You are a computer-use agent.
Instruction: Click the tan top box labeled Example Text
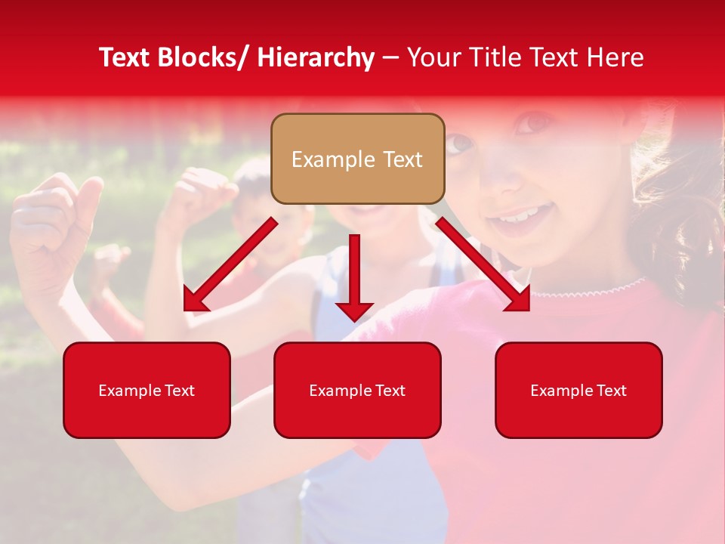point(357,159)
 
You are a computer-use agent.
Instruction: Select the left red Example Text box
point(147,390)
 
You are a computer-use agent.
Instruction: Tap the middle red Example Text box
point(357,390)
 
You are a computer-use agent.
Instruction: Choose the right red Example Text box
point(578,390)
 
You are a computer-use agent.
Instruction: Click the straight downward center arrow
point(354,277)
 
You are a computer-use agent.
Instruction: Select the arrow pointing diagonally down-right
point(483,265)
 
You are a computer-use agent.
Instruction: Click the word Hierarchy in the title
point(316,57)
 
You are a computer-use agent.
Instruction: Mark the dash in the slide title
point(390,57)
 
